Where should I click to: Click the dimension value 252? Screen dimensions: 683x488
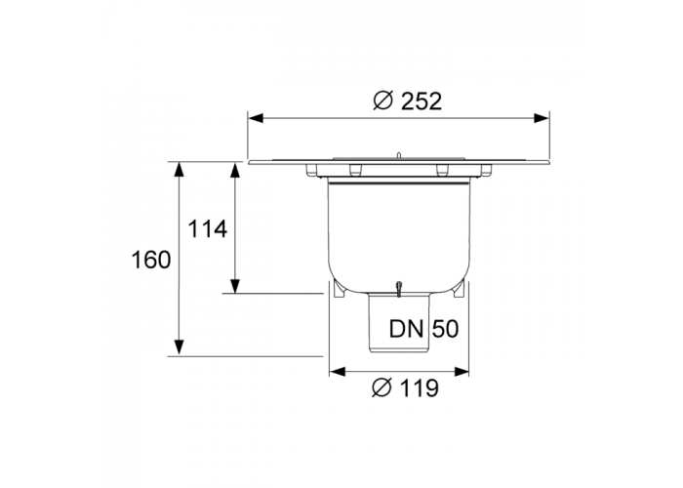(x=422, y=102)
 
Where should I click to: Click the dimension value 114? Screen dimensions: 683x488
(x=207, y=228)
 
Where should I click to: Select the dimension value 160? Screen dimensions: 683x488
(x=151, y=261)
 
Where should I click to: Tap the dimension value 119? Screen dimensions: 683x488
(x=419, y=387)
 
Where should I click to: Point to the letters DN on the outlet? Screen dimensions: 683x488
(x=407, y=329)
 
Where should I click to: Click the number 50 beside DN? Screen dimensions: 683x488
(x=445, y=329)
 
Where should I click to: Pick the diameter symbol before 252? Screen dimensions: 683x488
(x=383, y=102)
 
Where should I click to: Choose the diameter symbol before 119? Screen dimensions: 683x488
(x=382, y=387)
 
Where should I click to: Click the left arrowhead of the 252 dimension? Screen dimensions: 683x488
(x=256, y=118)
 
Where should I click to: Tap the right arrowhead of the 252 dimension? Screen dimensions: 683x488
(x=542, y=118)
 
